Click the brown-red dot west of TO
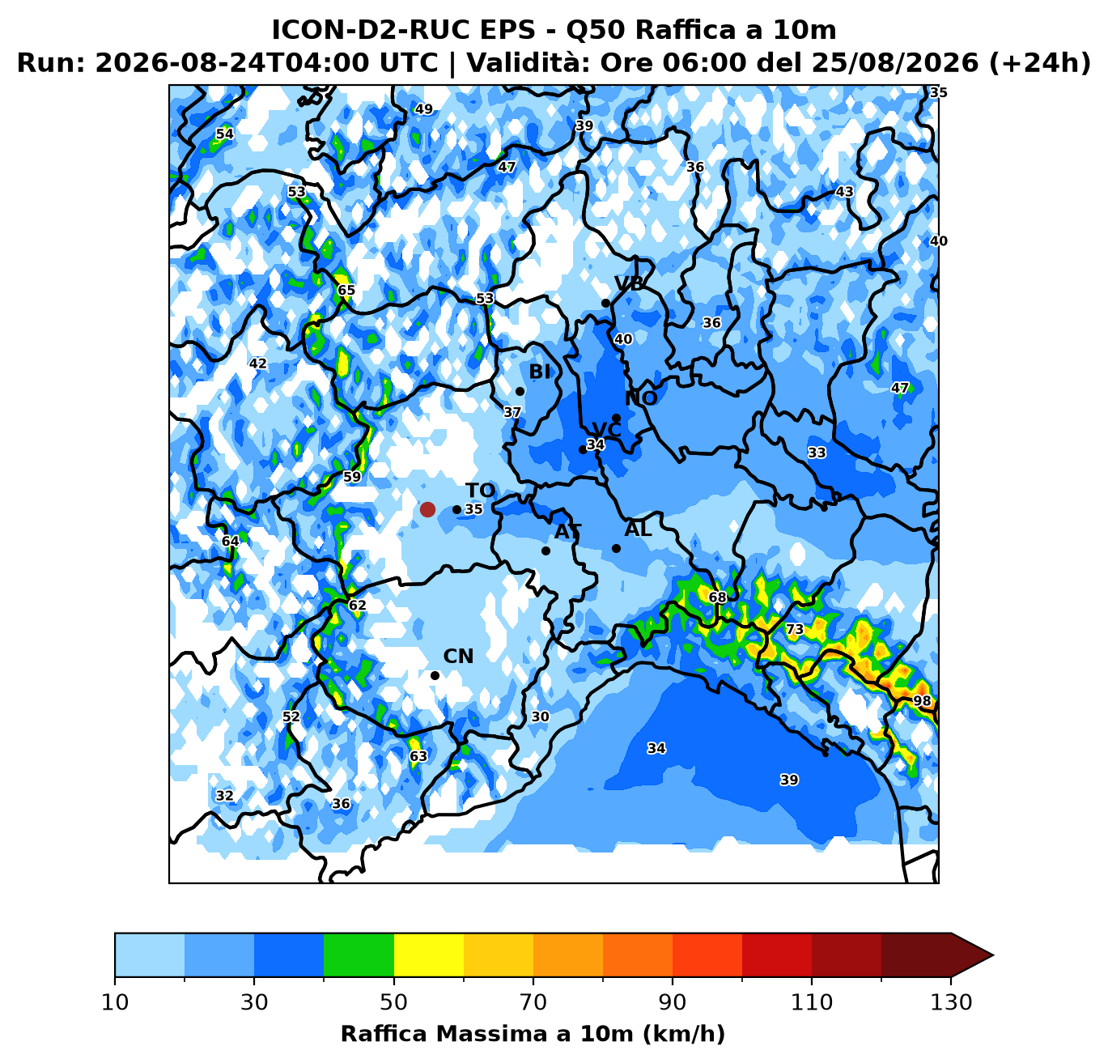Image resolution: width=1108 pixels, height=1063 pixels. [427, 509]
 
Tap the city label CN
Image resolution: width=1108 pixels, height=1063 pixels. [458, 657]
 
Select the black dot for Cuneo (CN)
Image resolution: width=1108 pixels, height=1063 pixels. [435, 676]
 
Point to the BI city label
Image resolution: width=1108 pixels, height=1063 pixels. [540, 372]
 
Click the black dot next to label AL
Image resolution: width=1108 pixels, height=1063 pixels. [616, 549]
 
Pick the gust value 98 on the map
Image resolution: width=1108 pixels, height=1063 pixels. [922, 700]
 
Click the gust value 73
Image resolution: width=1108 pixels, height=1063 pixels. [795, 630]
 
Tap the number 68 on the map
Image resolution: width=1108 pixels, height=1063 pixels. [717, 597]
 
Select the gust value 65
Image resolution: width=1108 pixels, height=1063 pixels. [346, 290]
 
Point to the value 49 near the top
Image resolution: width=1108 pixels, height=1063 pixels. [423, 108]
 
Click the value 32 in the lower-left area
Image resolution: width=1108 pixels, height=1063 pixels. [224, 796]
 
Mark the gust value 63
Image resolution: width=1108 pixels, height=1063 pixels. [418, 756]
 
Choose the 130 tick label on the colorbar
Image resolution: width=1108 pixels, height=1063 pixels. [950, 1002]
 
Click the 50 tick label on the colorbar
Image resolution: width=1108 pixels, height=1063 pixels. [393, 1002]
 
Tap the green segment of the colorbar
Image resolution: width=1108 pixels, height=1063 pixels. [359, 955]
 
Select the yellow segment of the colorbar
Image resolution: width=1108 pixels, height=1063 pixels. [429, 955]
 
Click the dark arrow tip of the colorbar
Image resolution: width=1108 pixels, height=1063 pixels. [993, 955]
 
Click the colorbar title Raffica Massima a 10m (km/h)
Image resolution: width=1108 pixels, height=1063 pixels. [533, 1034]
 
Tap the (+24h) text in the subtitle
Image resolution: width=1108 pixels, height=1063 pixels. [1038, 63]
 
